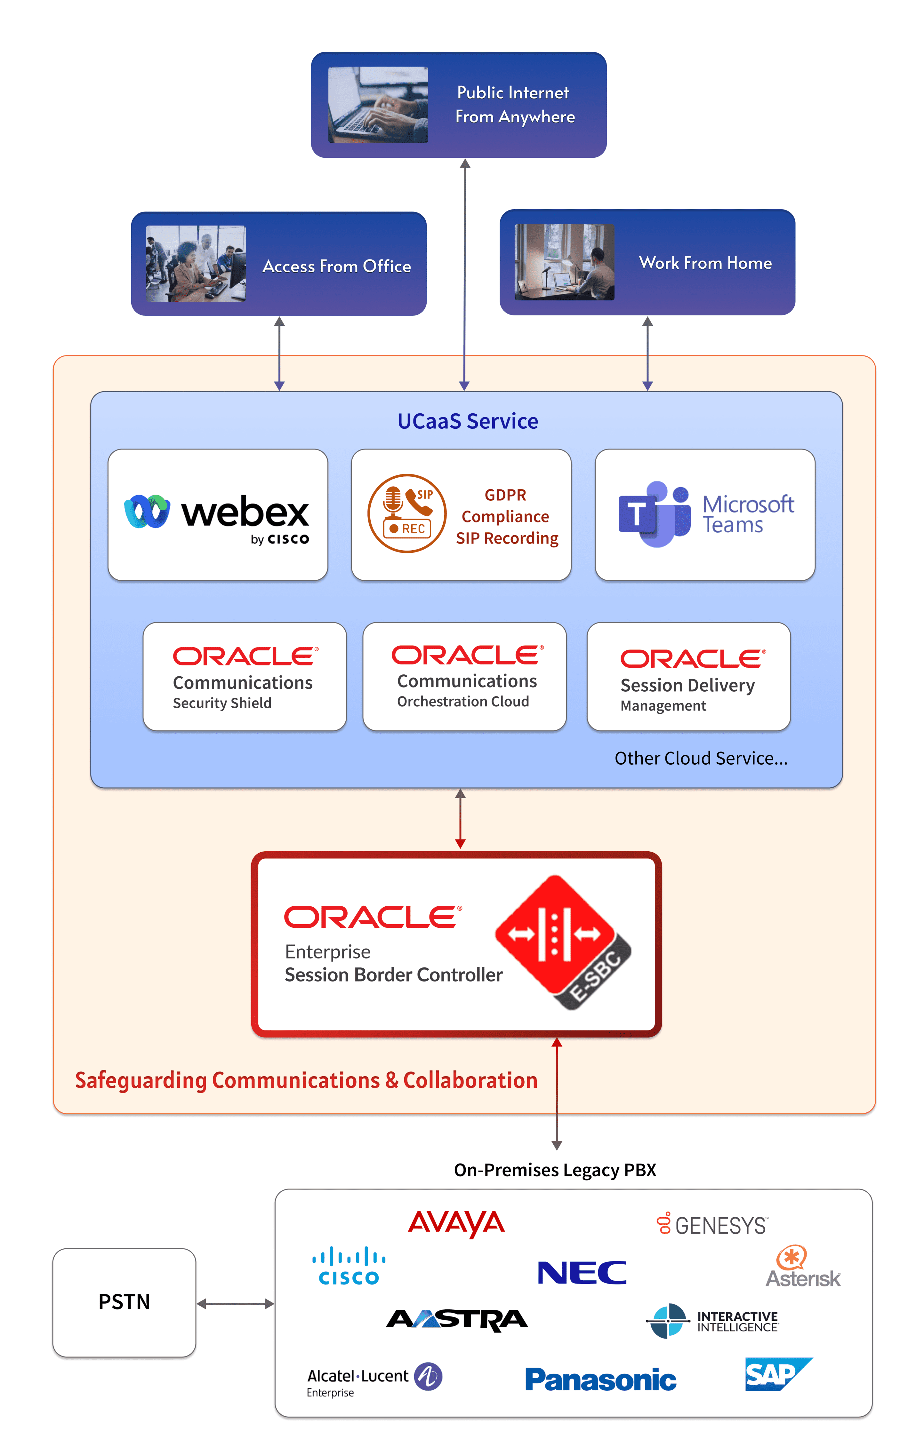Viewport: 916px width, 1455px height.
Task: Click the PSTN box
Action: [124, 1302]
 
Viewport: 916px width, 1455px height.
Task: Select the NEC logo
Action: [582, 1273]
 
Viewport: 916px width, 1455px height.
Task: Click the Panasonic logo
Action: [600, 1379]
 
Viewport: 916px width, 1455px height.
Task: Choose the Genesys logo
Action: [712, 1224]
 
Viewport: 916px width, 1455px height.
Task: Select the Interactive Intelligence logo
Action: [712, 1321]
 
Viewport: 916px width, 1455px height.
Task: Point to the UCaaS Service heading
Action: [467, 421]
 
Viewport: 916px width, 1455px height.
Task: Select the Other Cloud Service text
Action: [701, 758]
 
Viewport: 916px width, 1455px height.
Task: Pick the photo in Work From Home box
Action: [564, 262]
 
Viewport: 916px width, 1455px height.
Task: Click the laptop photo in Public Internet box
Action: [378, 105]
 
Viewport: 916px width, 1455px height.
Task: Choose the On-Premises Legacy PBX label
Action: [554, 1170]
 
